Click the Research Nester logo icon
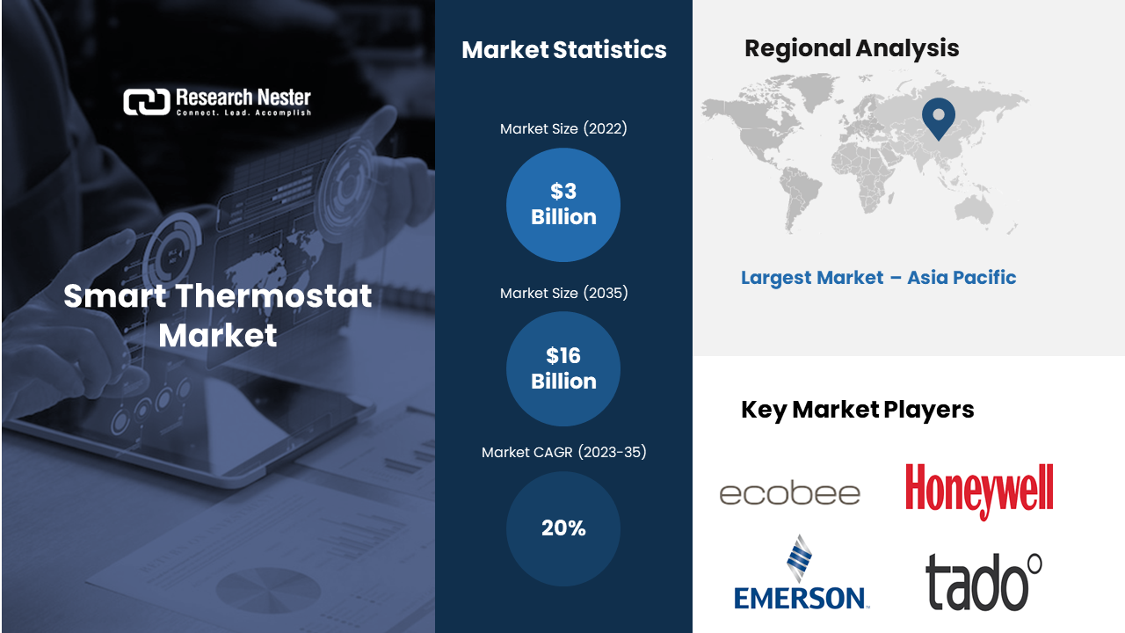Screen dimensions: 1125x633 tap(147, 102)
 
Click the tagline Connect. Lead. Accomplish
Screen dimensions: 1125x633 tap(243, 113)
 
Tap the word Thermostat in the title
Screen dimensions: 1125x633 tap(273, 295)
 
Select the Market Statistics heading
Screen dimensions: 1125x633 tap(564, 50)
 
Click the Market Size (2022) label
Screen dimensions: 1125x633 tap(563, 128)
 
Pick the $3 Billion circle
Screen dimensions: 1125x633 tap(563, 205)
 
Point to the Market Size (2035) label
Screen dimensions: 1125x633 tap(563, 293)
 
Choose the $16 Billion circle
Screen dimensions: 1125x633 tap(563, 368)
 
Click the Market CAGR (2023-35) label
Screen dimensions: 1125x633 tap(563, 452)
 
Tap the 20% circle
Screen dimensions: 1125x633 tap(563, 528)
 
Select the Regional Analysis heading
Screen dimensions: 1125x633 tap(852, 48)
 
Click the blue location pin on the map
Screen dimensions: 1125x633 tap(939, 118)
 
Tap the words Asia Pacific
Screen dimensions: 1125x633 tap(962, 277)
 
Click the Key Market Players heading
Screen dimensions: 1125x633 tap(858, 410)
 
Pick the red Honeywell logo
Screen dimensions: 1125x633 tap(979, 491)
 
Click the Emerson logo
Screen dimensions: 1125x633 tap(801, 572)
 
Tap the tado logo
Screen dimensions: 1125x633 tap(983, 582)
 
